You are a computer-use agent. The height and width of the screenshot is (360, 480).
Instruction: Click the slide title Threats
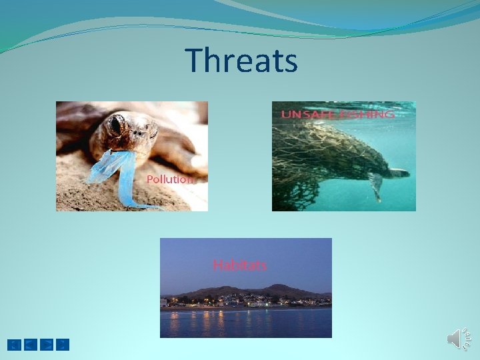click(241, 60)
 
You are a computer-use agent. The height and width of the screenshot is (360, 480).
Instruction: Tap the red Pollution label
click(170, 179)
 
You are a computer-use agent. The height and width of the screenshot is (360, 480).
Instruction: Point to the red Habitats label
click(239, 265)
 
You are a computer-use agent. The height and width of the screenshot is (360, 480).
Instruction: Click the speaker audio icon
click(457, 339)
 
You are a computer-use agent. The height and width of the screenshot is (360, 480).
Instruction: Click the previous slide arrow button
click(31, 345)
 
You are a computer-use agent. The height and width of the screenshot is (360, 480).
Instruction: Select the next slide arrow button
click(47, 345)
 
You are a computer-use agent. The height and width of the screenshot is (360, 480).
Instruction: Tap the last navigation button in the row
click(62, 345)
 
